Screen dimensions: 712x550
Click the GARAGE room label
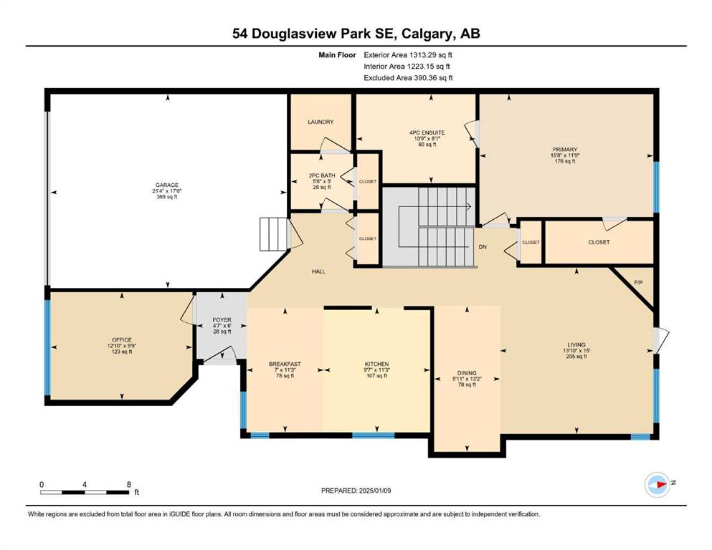click(166, 185)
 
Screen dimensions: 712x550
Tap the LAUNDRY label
click(321, 122)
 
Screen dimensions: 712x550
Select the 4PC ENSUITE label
click(427, 133)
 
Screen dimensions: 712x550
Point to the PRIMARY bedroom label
click(565, 150)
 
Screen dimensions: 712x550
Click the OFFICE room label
click(122, 340)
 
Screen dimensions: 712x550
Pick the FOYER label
click(222, 320)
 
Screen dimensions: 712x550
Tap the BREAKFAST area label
click(285, 364)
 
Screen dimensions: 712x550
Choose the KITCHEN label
click(377, 364)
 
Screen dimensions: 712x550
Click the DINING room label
click(467, 373)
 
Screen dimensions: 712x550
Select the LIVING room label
click(576, 344)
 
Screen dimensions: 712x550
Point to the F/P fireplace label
click(638, 282)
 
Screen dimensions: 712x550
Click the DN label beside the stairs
click(483, 247)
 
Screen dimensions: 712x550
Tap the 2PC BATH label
click(321, 175)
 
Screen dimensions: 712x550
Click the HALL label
click(319, 271)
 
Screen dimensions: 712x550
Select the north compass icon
click(658, 484)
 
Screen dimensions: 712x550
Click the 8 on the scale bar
click(129, 484)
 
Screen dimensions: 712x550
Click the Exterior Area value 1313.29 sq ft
click(431, 55)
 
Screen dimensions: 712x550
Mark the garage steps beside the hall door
click(274, 234)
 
